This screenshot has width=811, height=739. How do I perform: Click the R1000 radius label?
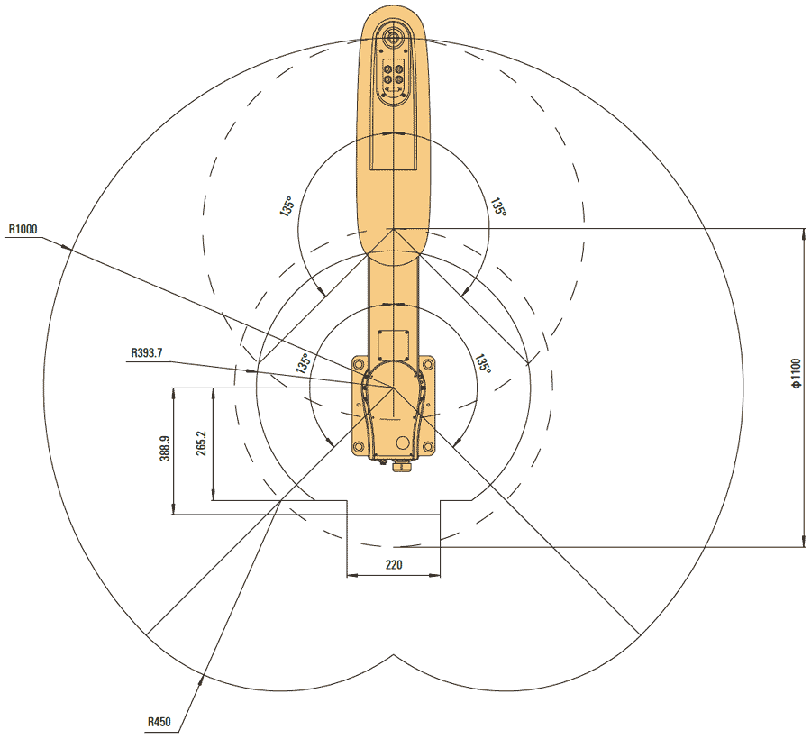(23, 230)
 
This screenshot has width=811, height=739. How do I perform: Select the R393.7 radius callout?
(147, 353)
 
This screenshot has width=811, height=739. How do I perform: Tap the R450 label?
(160, 723)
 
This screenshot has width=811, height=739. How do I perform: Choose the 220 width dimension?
(393, 565)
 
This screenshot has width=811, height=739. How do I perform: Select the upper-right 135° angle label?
(497, 206)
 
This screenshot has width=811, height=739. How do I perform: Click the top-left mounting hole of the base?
(359, 364)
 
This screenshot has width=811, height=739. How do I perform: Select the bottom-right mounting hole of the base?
(427, 446)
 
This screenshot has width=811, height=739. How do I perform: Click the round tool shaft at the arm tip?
(394, 38)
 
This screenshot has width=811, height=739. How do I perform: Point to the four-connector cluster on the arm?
(394, 74)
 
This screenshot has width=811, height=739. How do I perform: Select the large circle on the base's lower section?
(400, 443)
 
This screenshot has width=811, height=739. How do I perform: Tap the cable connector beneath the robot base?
(397, 465)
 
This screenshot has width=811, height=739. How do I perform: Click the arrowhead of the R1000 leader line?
(67, 245)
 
